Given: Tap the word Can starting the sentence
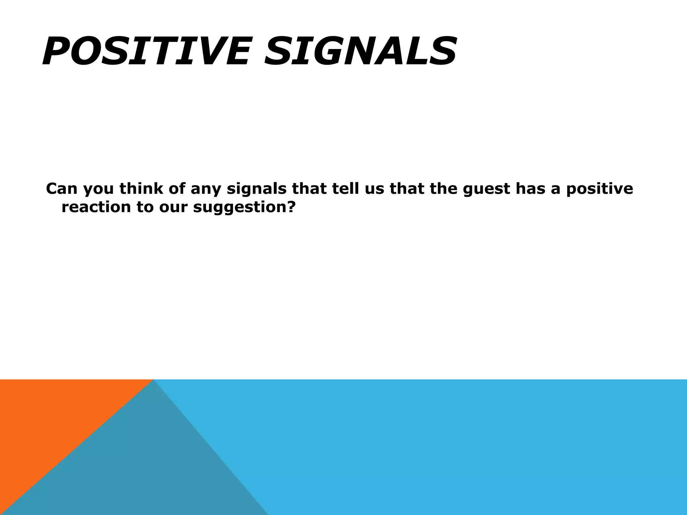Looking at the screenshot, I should (62, 188).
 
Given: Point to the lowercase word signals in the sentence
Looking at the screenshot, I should (256, 189).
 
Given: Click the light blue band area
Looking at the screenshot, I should (470, 446).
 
